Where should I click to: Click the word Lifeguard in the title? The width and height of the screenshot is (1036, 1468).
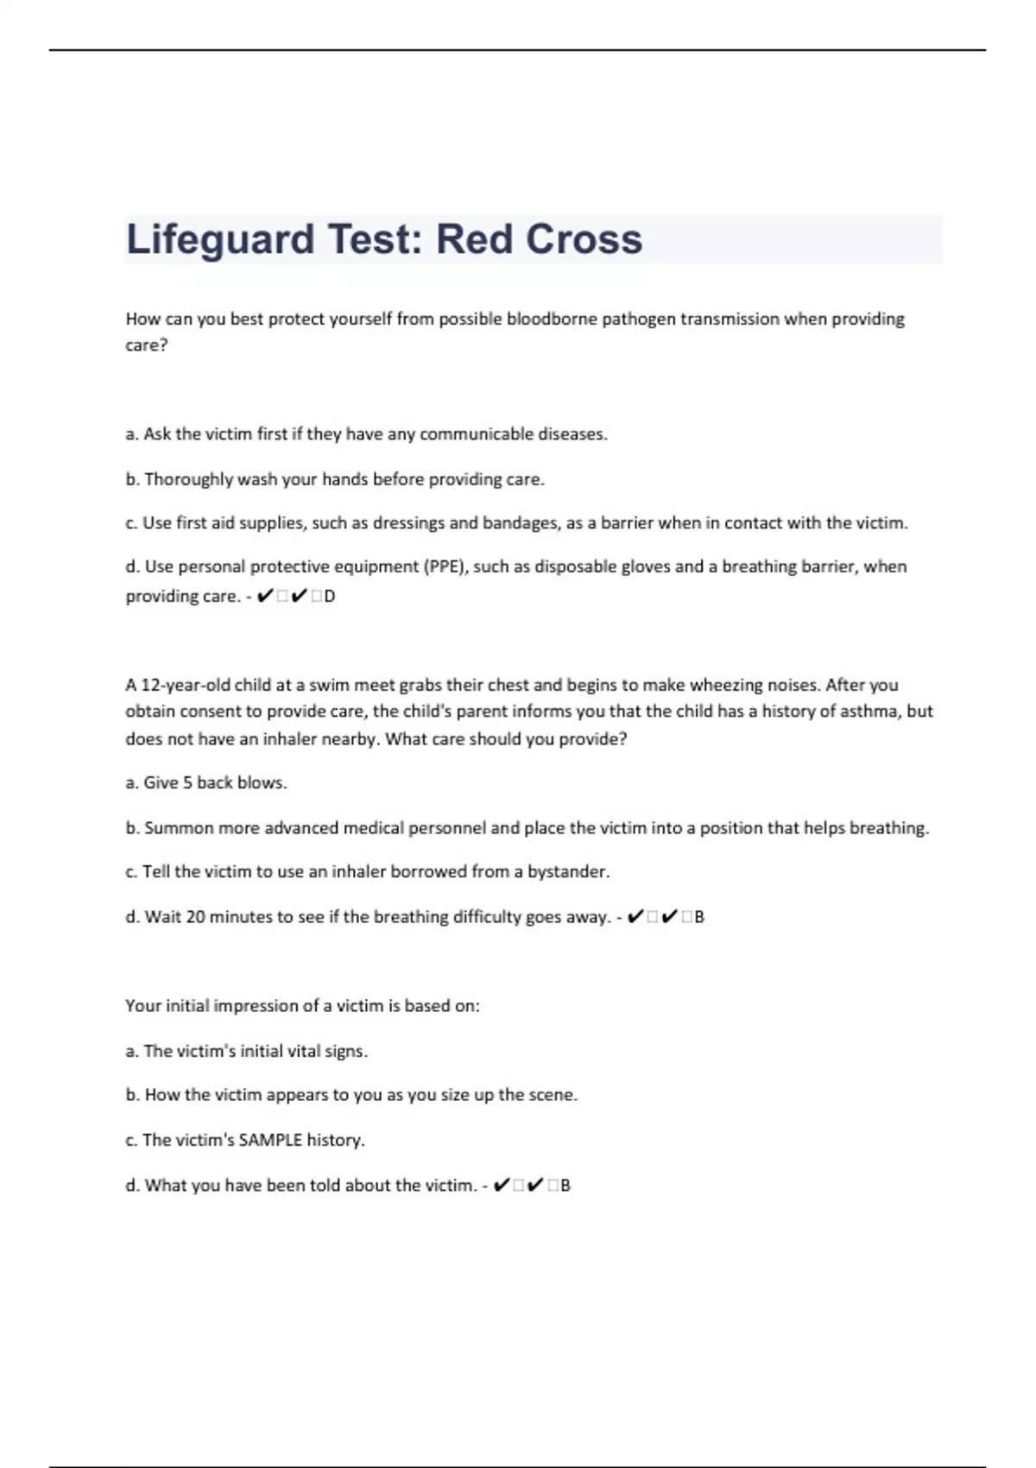tap(220, 239)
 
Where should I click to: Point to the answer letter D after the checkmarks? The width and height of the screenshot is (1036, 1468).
tap(330, 596)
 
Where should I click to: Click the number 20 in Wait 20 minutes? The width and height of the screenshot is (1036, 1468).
tap(195, 916)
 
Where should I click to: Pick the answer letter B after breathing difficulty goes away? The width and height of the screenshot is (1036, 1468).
tap(699, 917)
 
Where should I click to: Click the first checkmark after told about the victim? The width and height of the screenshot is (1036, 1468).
tap(501, 1185)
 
